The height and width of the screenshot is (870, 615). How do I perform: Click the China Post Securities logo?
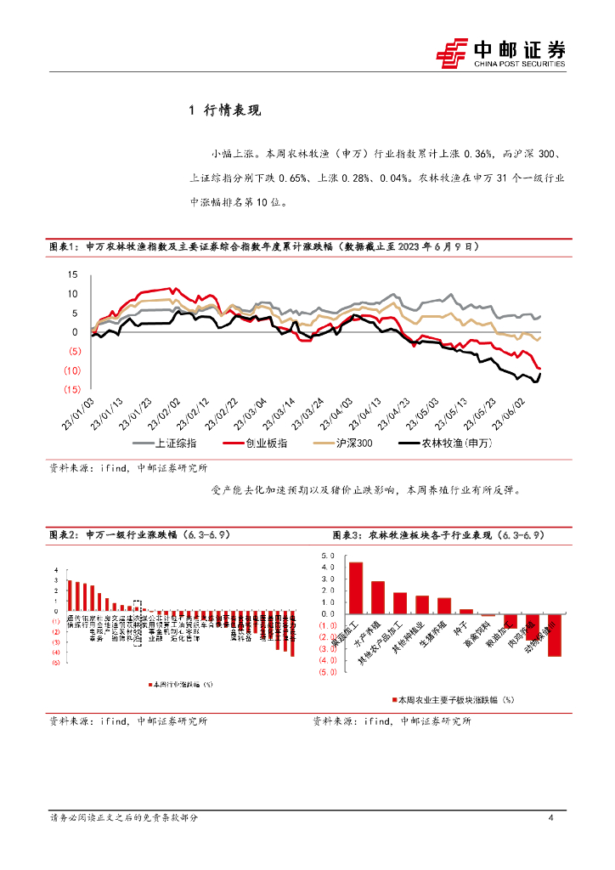click(500, 53)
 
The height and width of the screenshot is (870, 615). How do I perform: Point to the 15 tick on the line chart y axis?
click(72, 274)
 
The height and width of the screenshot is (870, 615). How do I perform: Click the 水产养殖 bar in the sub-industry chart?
click(378, 596)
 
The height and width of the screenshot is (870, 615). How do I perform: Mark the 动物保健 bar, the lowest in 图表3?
click(554, 635)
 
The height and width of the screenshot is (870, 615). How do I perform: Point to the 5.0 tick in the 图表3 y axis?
click(328, 554)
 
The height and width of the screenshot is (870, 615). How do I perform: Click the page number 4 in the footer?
click(551, 817)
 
